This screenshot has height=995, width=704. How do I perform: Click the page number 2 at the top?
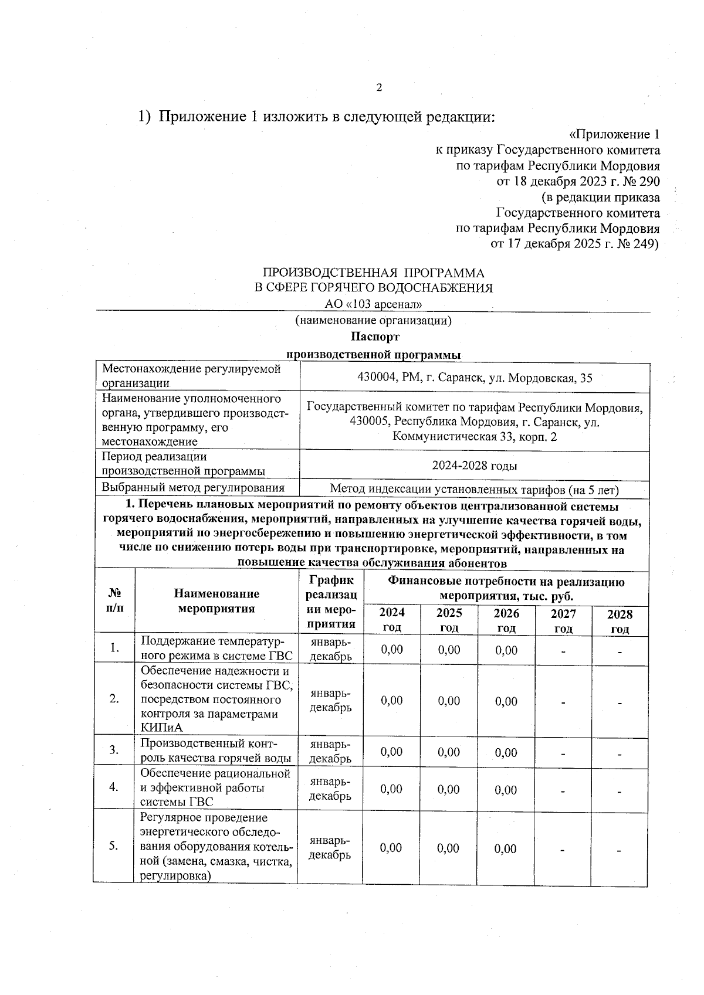coord(378,88)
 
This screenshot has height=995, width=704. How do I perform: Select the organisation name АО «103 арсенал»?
coord(374,304)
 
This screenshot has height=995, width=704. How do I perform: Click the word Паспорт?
coord(375,337)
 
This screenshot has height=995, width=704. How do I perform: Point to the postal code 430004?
coord(377,378)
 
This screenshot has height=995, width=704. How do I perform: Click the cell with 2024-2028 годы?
coord(474,466)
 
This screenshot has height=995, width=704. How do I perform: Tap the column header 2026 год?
coord(506,620)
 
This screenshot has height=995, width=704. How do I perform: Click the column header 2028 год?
coord(620,621)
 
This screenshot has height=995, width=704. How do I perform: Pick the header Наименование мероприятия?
coord(216,600)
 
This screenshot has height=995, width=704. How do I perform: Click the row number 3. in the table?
coord(114,749)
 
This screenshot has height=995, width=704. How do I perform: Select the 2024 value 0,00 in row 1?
coord(391,650)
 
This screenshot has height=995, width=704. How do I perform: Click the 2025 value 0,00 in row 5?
coord(449,848)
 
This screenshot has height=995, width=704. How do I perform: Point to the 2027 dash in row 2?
coord(563,701)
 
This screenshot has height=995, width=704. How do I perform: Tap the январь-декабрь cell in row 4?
coord(330,789)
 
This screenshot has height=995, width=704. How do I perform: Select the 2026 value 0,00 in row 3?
coord(506,752)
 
